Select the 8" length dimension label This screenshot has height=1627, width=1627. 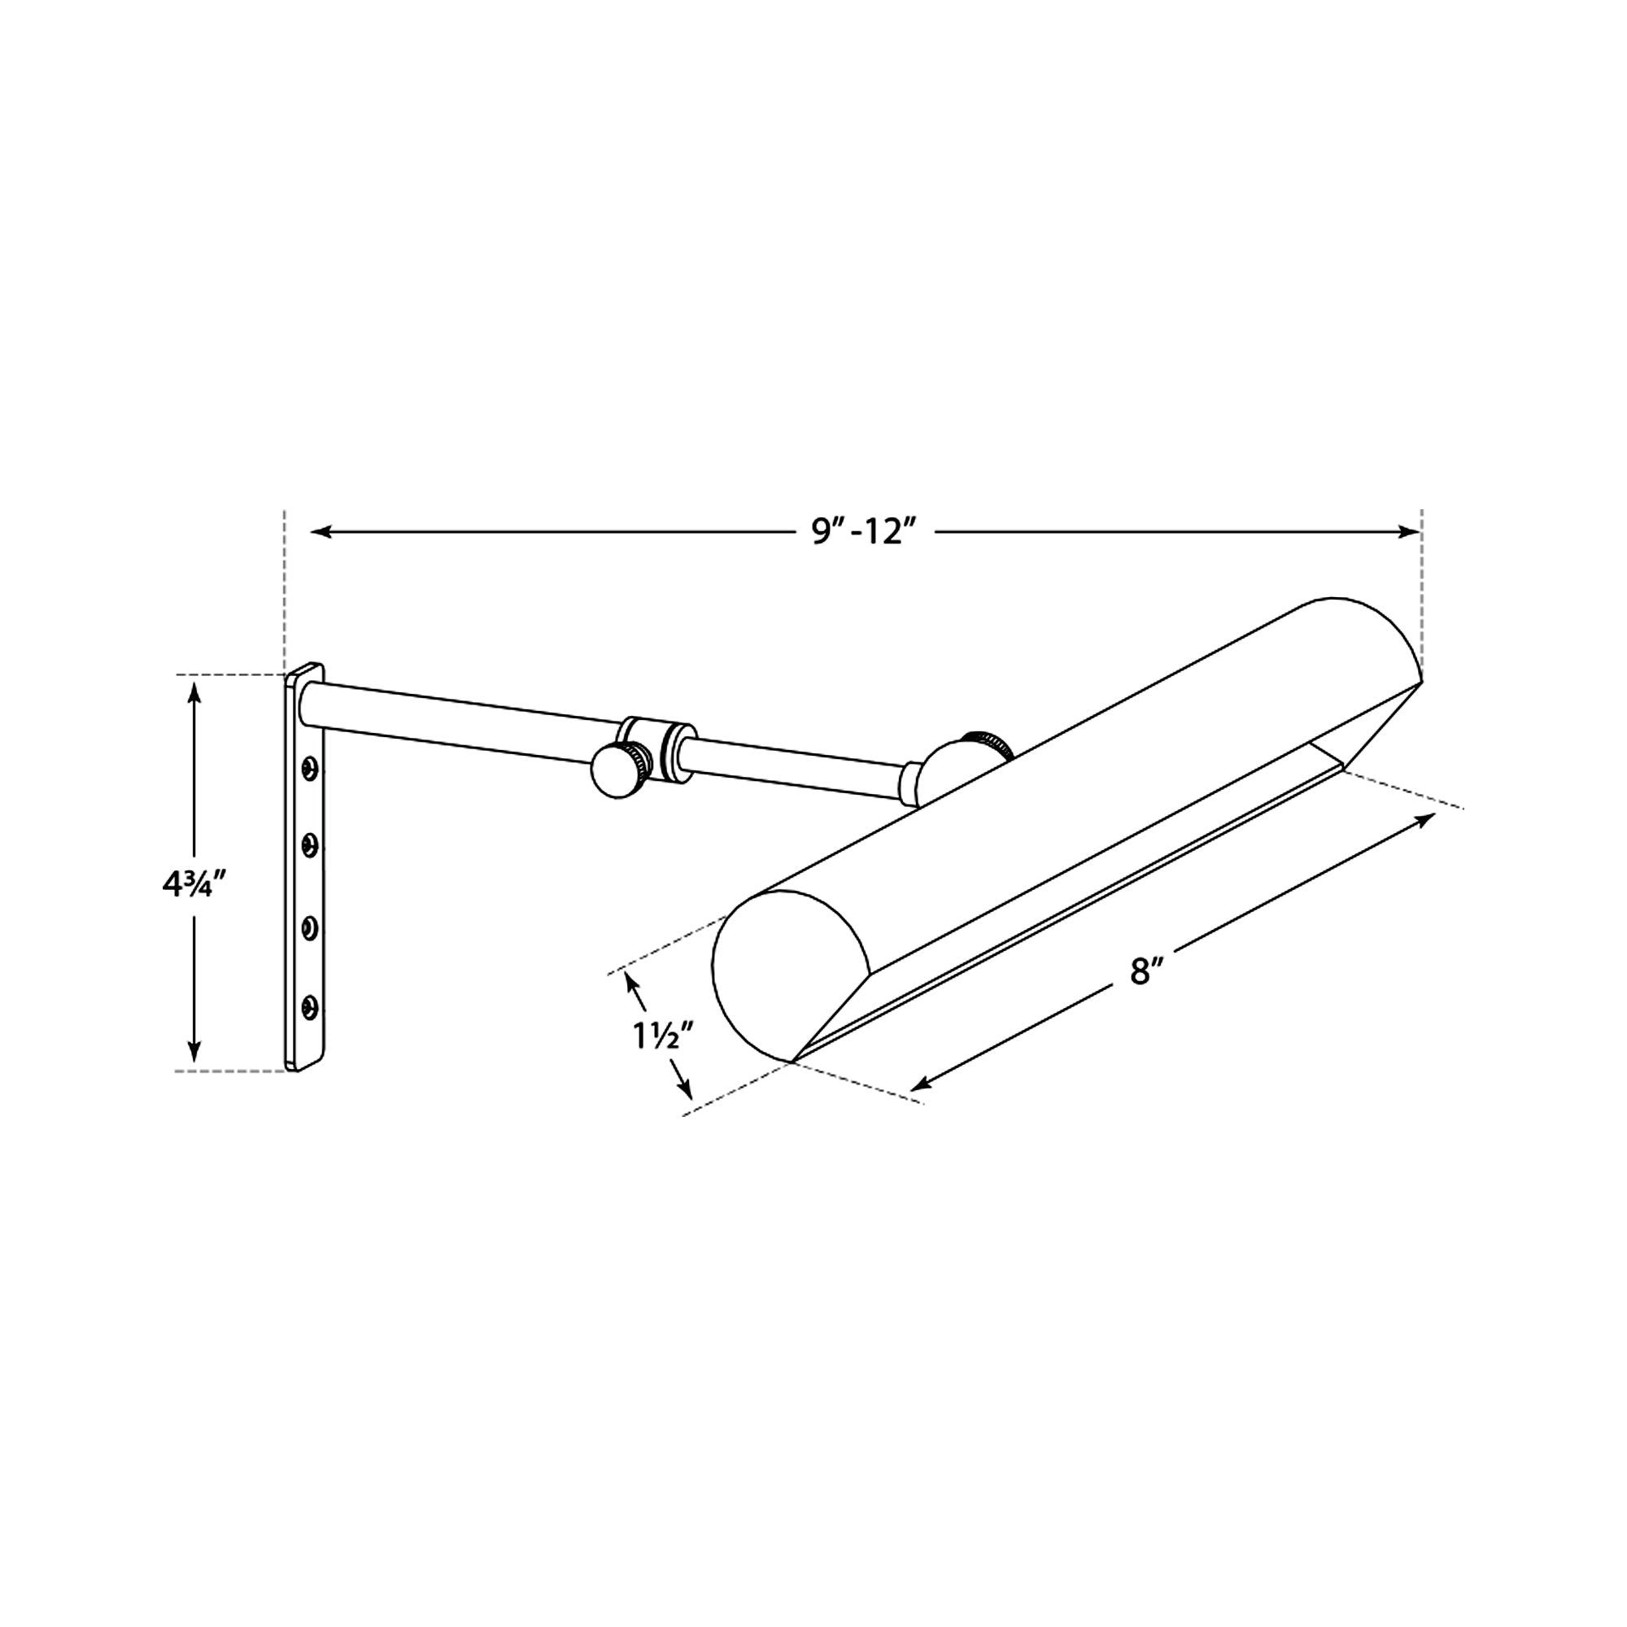pos(1141,973)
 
